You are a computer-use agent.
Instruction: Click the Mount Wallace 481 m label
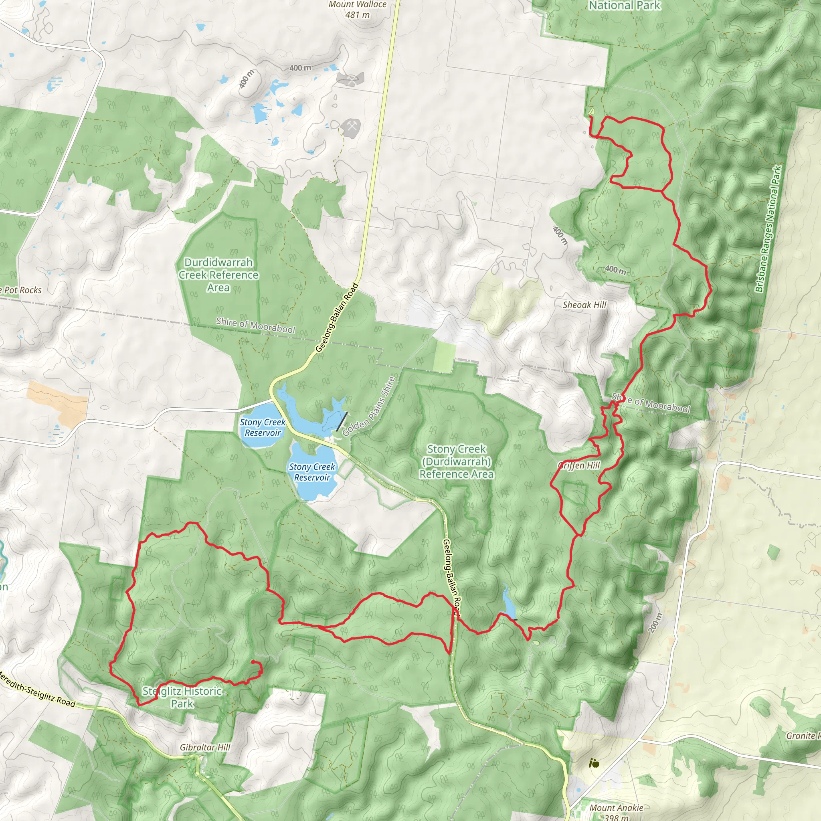click(x=357, y=9)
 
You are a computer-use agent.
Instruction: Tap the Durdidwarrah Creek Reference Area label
click(x=218, y=275)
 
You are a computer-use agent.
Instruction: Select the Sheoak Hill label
click(x=584, y=305)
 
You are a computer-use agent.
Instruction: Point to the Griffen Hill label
click(x=579, y=465)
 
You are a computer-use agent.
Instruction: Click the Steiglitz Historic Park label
click(x=182, y=698)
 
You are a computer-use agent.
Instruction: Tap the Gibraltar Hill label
click(x=205, y=747)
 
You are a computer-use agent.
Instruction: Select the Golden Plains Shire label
click(x=369, y=406)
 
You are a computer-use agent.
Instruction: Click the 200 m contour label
click(x=656, y=623)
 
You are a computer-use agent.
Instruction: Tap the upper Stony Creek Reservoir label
click(x=263, y=427)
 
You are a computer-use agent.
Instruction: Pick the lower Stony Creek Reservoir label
click(x=312, y=472)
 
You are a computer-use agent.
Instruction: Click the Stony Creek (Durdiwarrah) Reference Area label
click(x=456, y=461)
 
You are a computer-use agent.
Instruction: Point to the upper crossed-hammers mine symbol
click(x=350, y=79)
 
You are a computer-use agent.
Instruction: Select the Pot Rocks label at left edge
click(x=21, y=290)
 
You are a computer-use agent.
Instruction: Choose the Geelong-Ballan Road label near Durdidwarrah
click(x=337, y=318)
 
